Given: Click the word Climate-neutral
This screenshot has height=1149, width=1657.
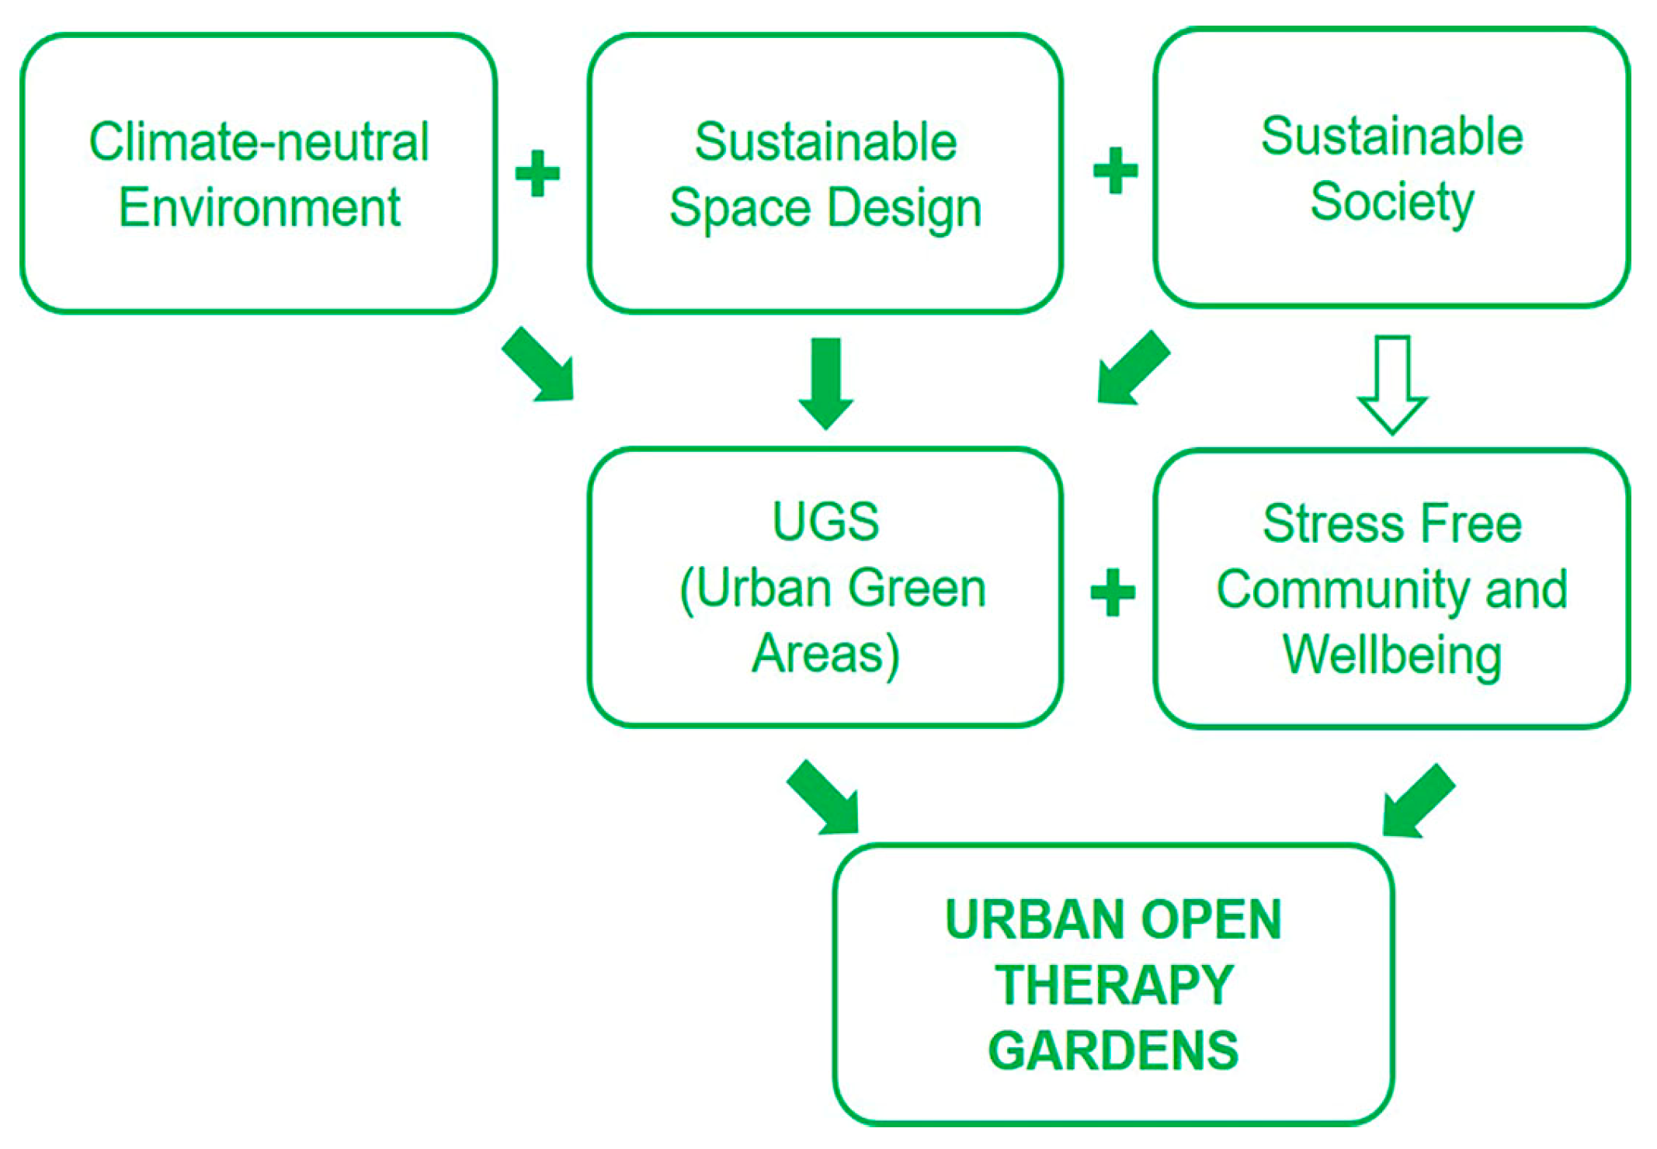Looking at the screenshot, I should click(259, 142).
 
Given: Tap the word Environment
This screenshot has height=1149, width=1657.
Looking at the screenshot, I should click(259, 208).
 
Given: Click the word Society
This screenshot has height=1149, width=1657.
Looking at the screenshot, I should click(1391, 202).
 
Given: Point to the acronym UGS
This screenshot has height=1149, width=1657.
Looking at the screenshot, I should click(825, 521).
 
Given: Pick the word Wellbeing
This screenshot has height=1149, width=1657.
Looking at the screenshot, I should click(1391, 656).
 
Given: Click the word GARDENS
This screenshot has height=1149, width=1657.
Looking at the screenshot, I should click(1113, 1051).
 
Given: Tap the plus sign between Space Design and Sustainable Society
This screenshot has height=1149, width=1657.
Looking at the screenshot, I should click(1115, 171).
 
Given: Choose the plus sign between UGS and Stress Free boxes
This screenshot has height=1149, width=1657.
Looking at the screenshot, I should click(1113, 592).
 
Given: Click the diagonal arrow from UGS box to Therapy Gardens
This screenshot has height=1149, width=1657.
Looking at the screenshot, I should click(825, 798).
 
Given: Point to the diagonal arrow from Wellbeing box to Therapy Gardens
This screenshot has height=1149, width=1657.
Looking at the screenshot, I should click(1417, 801).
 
